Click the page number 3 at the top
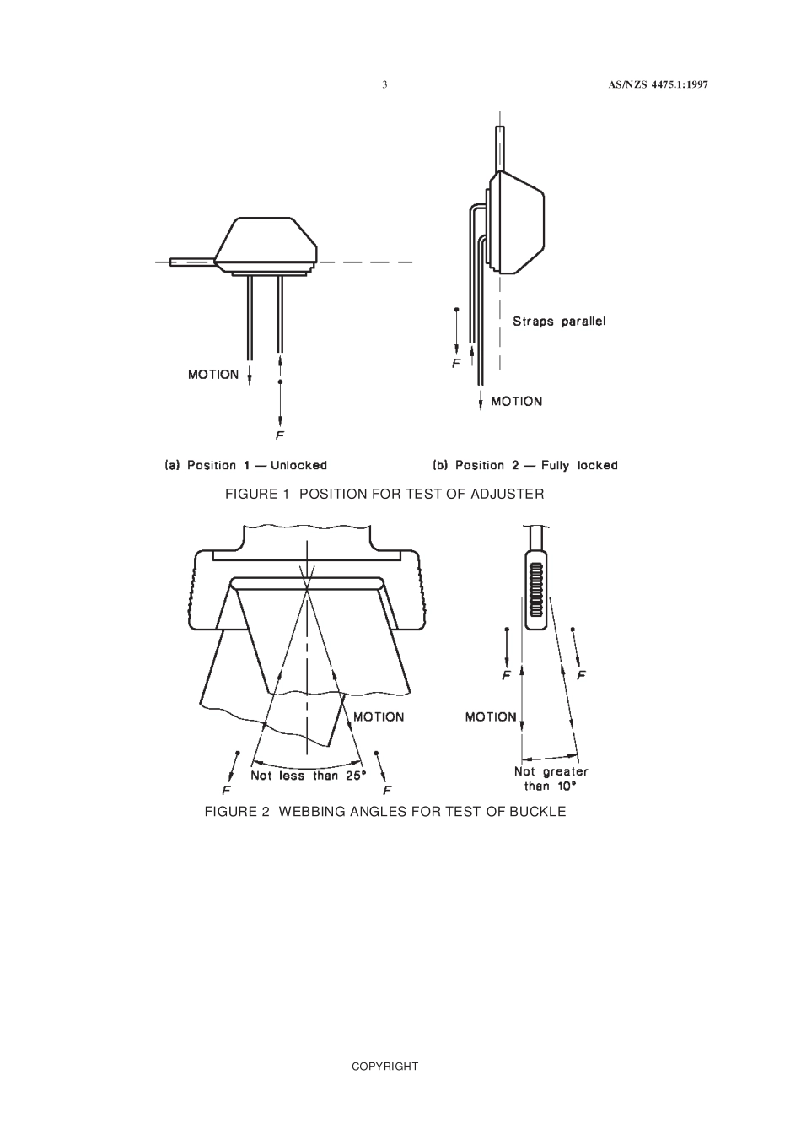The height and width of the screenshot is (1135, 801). coord(384,84)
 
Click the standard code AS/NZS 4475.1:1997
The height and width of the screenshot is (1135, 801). coord(657,84)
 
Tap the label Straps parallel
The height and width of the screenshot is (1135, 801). coord(559,321)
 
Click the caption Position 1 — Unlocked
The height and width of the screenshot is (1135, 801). coord(246,465)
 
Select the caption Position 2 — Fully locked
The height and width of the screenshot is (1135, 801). coord(524,465)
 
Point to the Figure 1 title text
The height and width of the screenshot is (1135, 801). coord(384,494)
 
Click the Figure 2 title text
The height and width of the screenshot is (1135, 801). coord(385,812)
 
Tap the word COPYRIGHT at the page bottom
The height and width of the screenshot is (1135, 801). coord(384,1067)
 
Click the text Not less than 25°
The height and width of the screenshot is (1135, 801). coord(308,776)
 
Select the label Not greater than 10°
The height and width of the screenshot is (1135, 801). coord(551,778)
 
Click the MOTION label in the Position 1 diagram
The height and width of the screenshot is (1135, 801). coord(213,375)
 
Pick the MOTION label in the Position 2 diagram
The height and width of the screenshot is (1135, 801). coord(516,402)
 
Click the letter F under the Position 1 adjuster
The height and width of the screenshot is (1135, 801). coord(280,436)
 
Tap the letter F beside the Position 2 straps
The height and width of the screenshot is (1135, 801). coord(456,364)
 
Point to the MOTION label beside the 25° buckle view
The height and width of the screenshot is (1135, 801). coord(379,716)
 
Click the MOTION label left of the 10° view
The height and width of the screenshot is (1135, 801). coord(491,716)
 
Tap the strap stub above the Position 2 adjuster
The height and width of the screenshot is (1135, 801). coord(500,148)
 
